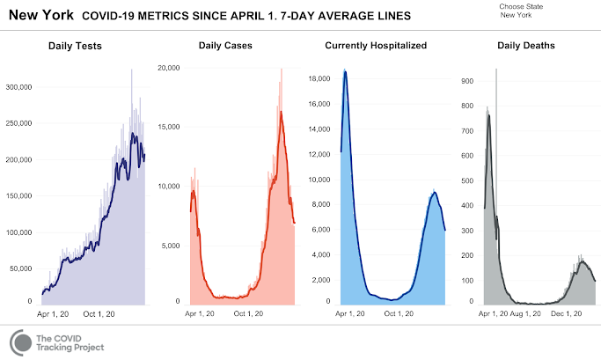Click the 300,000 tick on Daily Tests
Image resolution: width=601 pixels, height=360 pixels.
pyautogui.click(x=18, y=87)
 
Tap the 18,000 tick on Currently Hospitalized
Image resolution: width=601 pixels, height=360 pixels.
pyautogui.click(x=319, y=79)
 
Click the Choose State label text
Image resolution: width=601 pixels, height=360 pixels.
pyautogui.click(x=520, y=7)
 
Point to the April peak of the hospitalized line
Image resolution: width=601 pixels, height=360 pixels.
pyautogui.click(x=345, y=71)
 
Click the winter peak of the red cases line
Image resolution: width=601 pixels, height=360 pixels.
pyautogui.click(x=281, y=112)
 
